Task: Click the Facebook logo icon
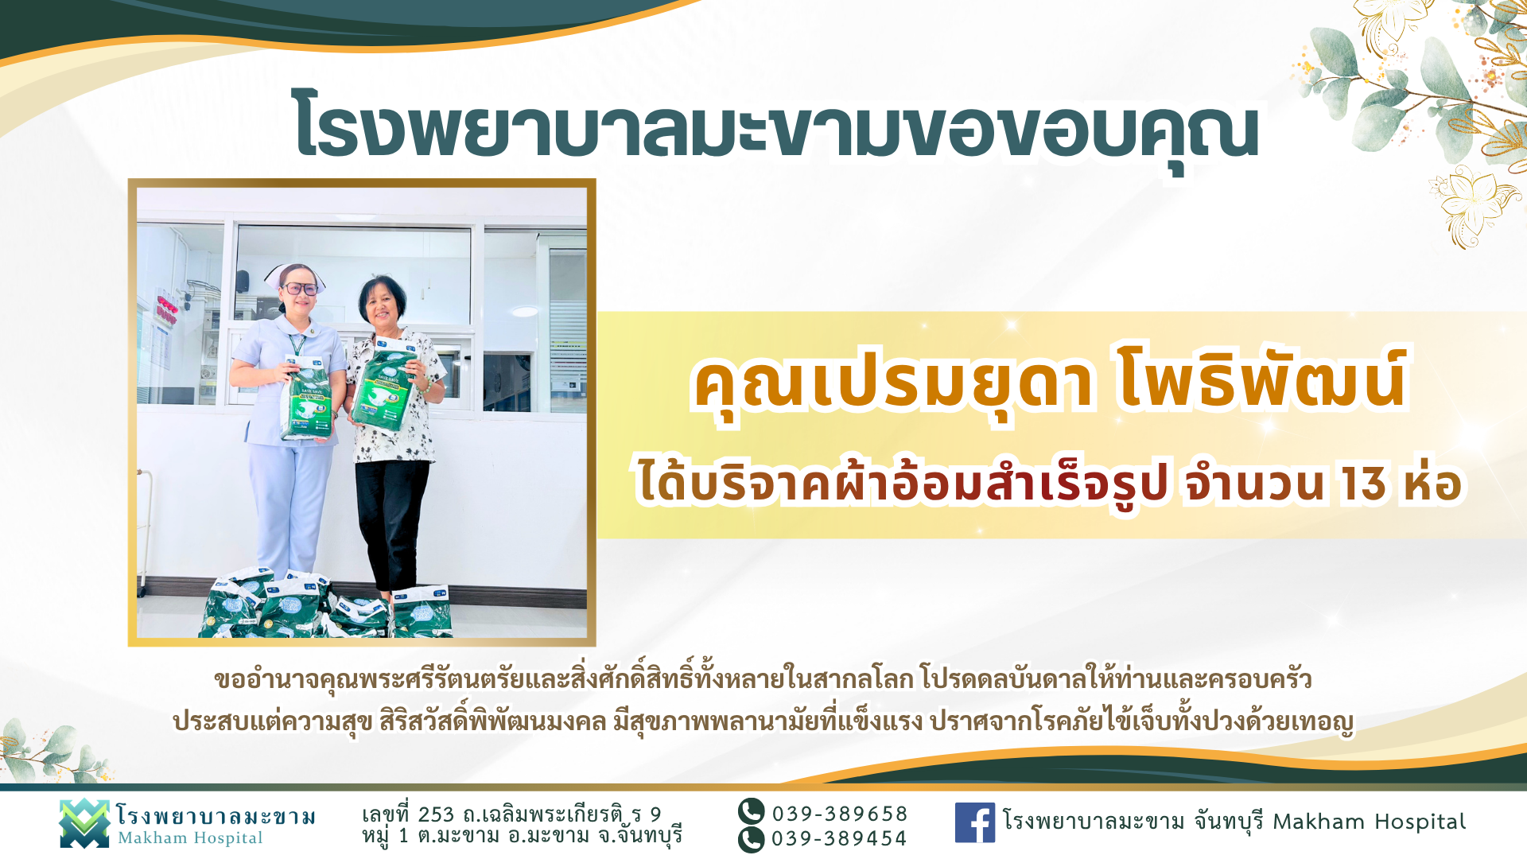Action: pos(974,822)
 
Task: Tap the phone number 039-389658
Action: pos(840,814)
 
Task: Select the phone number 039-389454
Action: pos(839,838)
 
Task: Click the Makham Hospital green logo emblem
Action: pos(84,823)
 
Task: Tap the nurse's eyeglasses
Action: pos(299,289)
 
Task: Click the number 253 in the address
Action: pos(436,814)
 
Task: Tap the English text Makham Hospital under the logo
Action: pos(190,838)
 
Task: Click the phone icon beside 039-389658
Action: pos(751,812)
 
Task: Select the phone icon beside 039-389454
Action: pos(751,840)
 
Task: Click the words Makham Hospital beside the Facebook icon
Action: pos(1369,822)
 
